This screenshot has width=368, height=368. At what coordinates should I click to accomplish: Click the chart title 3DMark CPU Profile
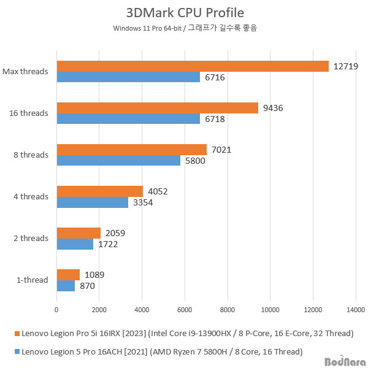(184, 13)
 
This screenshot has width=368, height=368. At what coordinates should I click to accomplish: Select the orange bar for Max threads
(193, 66)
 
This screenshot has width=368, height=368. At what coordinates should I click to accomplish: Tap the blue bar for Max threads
(128, 77)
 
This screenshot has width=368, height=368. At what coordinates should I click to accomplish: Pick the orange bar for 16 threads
(158, 108)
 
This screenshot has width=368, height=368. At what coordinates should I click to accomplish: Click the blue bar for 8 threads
(118, 160)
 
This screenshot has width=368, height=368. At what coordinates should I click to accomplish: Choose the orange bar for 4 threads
(100, 191)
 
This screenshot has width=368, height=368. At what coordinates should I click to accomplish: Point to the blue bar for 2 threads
(75, 243)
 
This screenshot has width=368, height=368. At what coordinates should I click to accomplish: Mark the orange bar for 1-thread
(68, 275)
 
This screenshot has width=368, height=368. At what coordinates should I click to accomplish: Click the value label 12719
(346, 66)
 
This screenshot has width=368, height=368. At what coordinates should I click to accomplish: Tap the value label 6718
(215, 119)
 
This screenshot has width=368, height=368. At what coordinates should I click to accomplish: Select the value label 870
(87, 286)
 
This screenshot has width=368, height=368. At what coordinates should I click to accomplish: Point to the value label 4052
(158, 191)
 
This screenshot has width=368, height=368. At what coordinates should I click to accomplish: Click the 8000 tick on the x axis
(228, 310)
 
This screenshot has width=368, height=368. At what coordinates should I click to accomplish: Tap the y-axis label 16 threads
(29, 113)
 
